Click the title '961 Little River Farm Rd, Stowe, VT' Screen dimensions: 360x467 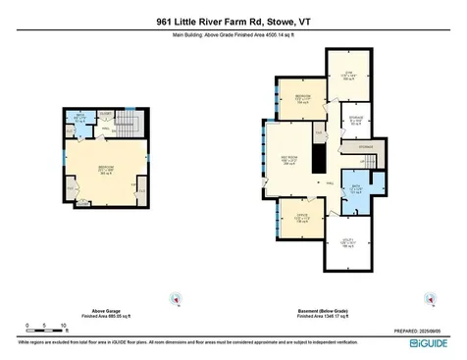tap(233, 20)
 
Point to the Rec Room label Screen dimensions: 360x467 tap(290, 160)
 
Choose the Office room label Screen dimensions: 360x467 tap(302, 219)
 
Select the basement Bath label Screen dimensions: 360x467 tap(358, 190)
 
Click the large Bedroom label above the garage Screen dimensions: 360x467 tap(105, 172)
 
